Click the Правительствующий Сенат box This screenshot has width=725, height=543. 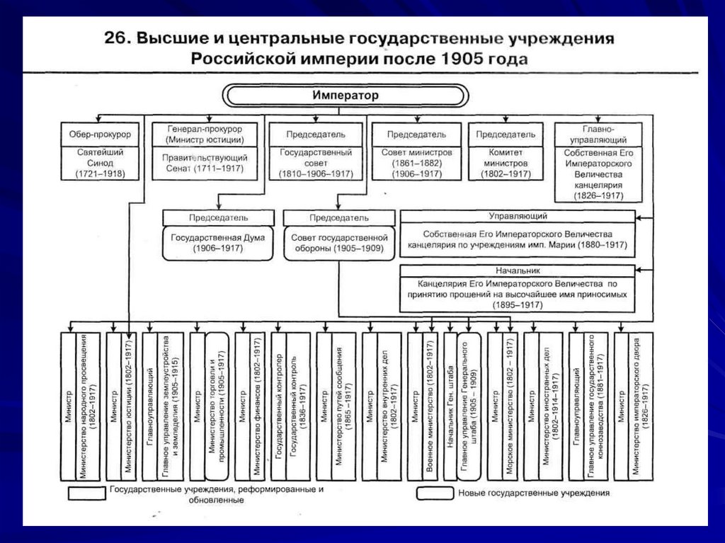[205, 163]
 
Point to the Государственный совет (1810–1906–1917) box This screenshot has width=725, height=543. [315, 163]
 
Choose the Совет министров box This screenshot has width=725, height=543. [416, 163]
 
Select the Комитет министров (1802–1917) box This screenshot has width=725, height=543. [506, 163]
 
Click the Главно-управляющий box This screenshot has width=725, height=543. [598, 134]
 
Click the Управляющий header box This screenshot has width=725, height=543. [518, 216]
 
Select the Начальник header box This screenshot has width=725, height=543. [518, 270]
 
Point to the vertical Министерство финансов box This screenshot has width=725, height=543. [259, 406]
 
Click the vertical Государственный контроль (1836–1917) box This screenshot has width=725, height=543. [296, 406]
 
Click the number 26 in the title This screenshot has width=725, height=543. [115, 38]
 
